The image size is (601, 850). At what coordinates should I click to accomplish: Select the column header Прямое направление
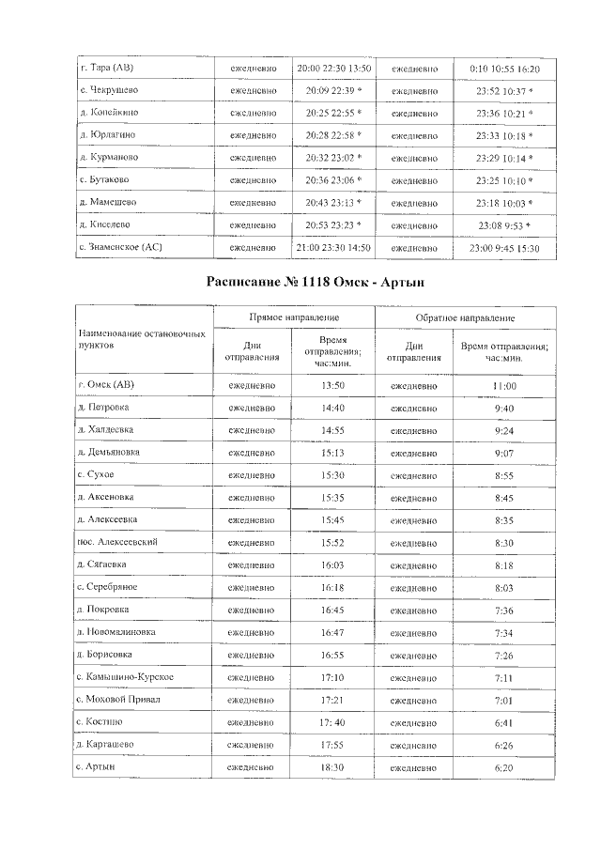(293, 319)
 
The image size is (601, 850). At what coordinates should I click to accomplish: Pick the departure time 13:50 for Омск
(332, 386)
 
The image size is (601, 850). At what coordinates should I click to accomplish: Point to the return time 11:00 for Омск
(504, 386)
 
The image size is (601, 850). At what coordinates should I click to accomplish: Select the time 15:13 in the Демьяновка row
(332, 452)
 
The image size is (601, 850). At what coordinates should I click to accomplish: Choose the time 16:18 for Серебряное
(332, 587)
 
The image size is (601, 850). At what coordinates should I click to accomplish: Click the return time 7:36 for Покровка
(504, 610)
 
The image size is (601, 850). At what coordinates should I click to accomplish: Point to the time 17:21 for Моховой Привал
(332, 700)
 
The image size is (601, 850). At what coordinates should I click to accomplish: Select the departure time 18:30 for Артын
(332, 767)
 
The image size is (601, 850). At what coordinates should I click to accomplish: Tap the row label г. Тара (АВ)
(106, 69)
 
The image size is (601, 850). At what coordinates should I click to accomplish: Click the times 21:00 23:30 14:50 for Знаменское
(333, 247)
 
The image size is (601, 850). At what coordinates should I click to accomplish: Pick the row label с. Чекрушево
(108, 90)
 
